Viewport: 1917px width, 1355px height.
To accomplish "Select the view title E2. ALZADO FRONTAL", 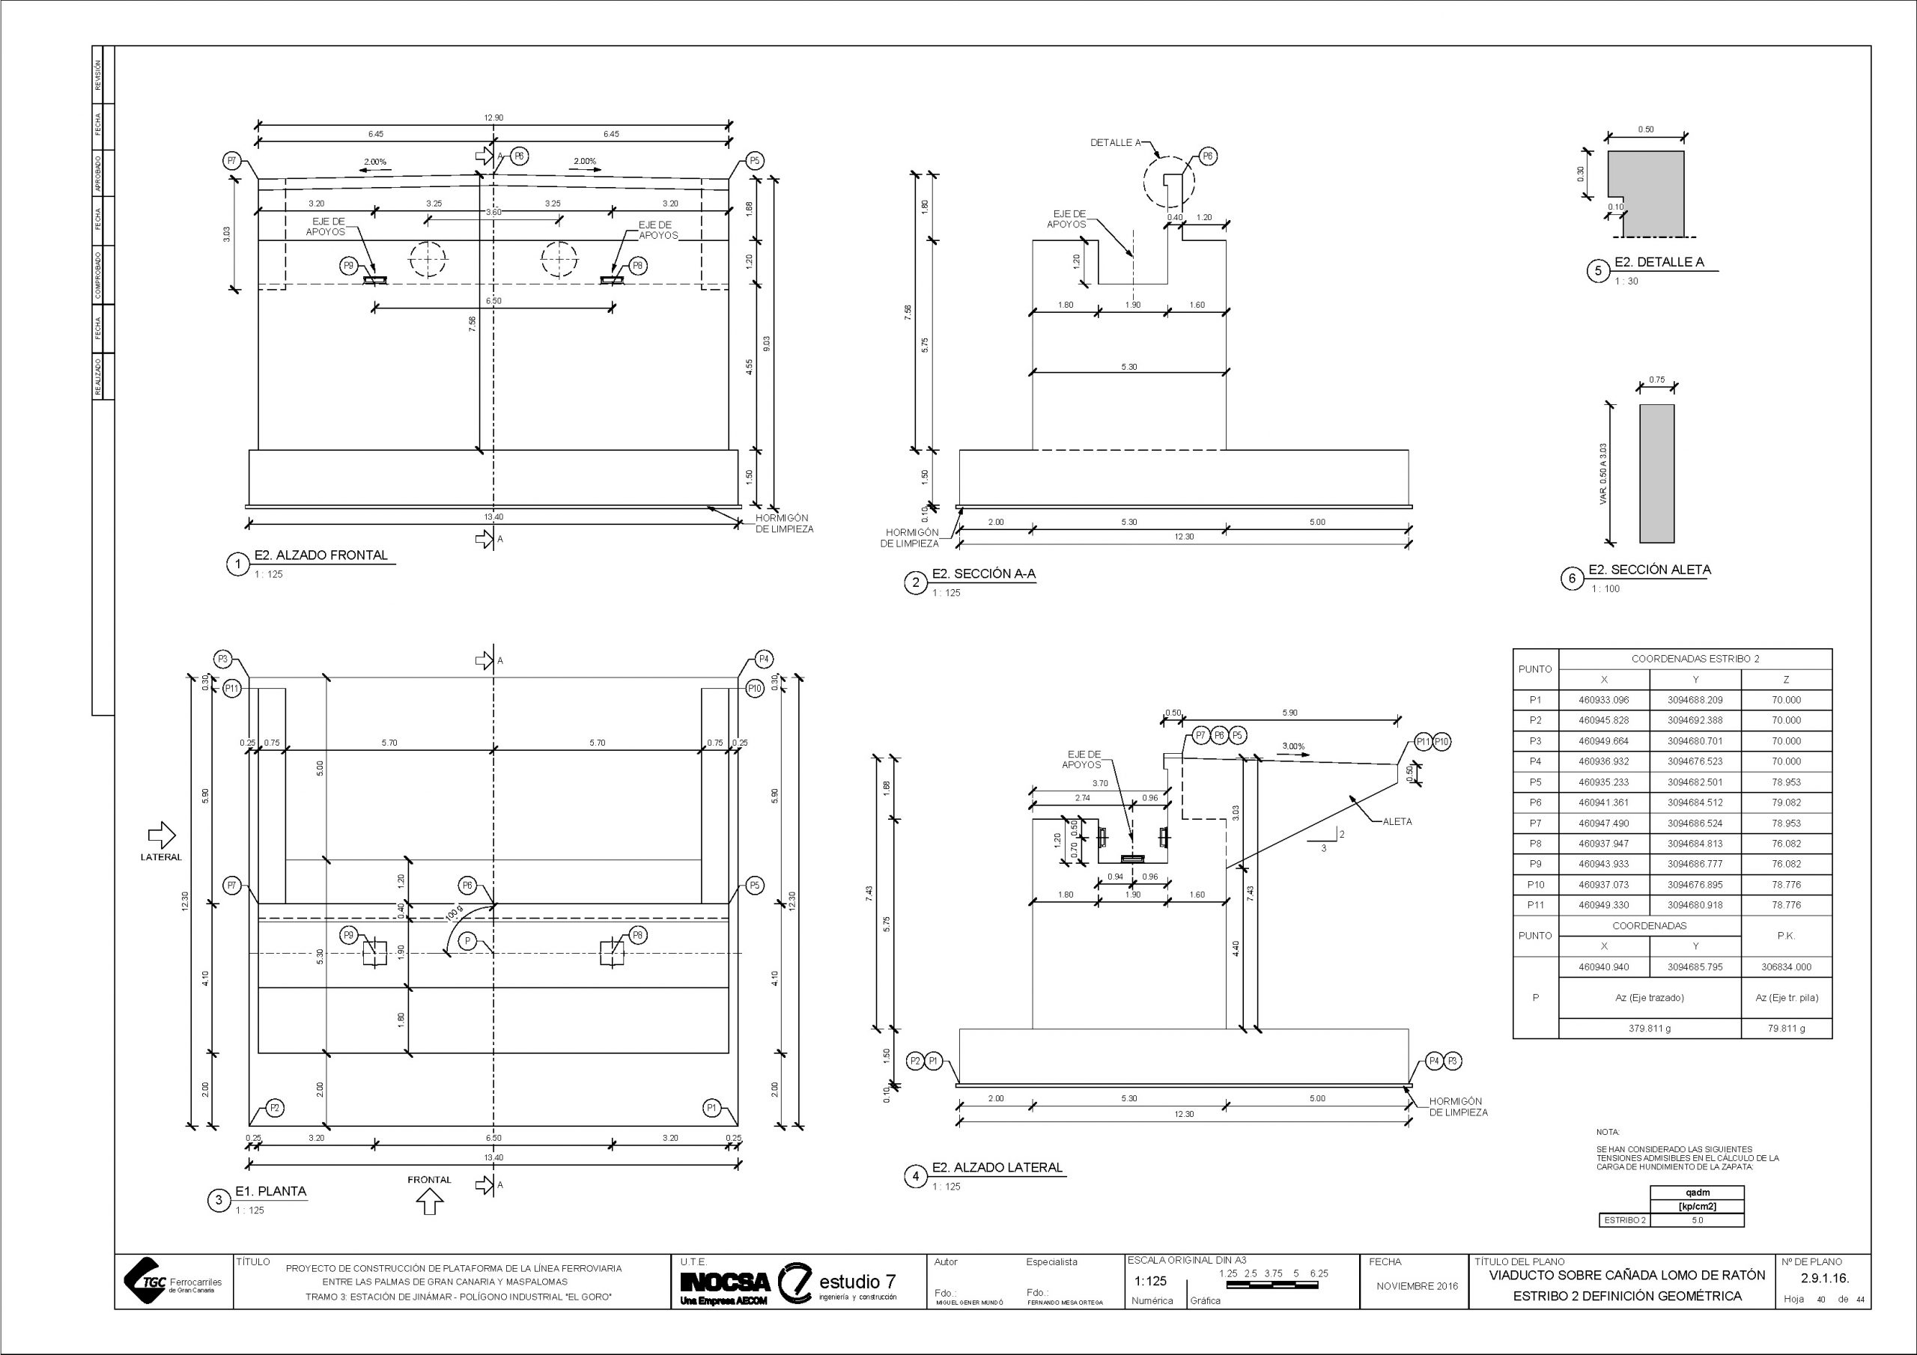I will click(321, 555).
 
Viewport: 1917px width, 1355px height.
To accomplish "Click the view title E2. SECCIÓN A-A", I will click(983, 574).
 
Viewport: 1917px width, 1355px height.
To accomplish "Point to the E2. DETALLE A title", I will click(1658, 262).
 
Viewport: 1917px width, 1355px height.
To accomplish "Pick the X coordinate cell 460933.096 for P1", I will click(1604, 701).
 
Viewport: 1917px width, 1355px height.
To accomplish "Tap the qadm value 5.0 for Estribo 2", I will click(1697, 1220).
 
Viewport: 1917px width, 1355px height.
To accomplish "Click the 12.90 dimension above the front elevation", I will click(493, 118).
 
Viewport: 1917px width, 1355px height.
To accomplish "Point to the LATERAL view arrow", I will click(161, 834).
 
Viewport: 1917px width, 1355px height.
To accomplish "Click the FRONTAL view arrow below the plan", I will click(429, 1202).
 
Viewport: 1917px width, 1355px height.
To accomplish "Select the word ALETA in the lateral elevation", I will click(1397, 821).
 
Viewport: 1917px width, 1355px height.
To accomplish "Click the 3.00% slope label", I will click(1293, 746).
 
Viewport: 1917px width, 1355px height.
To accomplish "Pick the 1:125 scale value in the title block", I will click(1150, 1282).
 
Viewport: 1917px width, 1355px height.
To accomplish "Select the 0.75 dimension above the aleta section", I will click(1656, 380).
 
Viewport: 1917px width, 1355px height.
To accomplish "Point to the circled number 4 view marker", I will click(916, 1176).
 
